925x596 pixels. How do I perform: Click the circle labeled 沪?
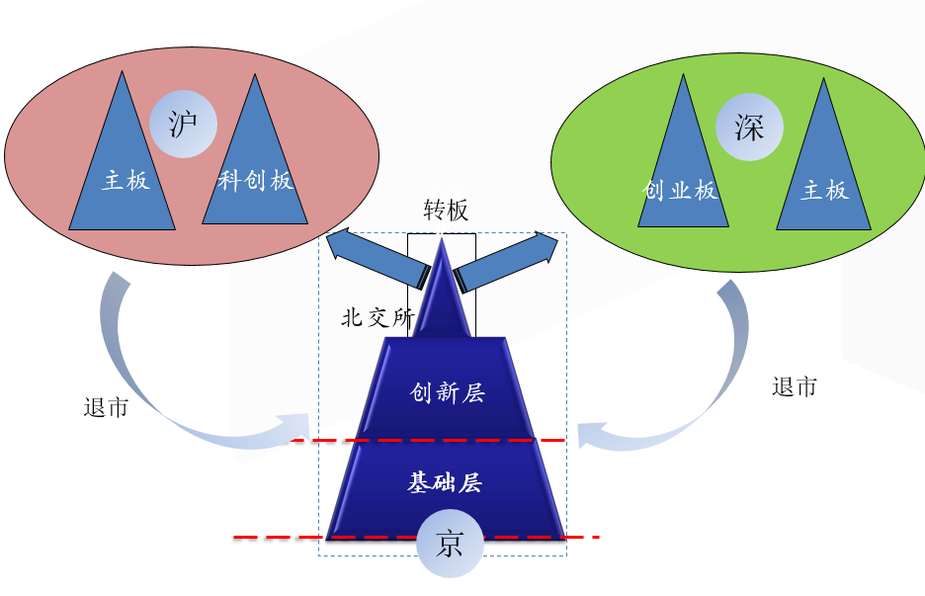184,124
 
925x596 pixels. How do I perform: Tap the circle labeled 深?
749,127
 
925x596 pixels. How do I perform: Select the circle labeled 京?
450,544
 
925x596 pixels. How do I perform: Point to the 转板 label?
446,211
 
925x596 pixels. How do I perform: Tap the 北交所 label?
378,317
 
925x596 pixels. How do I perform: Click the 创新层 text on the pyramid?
447,392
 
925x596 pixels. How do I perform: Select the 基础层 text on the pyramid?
445,482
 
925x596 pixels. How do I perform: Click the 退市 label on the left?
106,407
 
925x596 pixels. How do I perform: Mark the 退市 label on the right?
795,387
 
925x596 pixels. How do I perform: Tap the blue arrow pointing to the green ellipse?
506,261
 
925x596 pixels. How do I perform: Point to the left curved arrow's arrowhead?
294,429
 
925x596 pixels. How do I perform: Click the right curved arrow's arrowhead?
592,436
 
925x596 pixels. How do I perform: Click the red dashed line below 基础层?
416,537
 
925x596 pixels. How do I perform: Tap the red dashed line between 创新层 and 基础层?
428,440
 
